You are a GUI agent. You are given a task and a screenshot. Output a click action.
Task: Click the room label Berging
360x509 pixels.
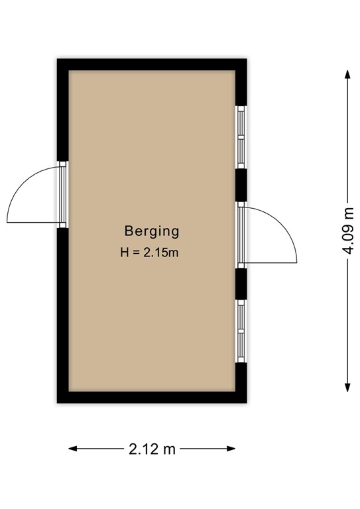(152, 231)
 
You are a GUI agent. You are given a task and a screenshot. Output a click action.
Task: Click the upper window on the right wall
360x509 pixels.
(241, 137)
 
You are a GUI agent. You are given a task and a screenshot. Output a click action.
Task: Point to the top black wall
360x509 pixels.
(152, 65)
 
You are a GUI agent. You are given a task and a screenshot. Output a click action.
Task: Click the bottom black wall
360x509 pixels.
(152, 397)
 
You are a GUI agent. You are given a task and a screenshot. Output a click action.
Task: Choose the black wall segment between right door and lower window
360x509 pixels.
(241, 283)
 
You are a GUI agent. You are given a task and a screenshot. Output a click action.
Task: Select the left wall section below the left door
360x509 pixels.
(63, 311)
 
